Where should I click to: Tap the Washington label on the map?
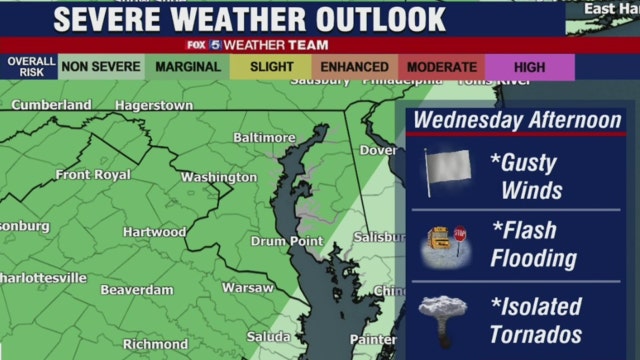click(219, 177)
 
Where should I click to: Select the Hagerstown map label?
click(154, 104)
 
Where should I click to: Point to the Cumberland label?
click(51, 104)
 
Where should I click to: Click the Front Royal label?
click(92, 174)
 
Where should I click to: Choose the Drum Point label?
click(287, 241)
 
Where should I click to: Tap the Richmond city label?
click(155, 343)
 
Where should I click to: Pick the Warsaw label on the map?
click(247, 287)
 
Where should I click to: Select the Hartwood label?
click(154, 231)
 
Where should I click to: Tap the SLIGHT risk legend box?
click(270, 67)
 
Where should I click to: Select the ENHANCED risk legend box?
click(355, 67)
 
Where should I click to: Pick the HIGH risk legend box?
click(530, 67)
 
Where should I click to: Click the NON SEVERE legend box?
click(100, 67)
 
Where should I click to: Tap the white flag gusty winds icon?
click(440, 173)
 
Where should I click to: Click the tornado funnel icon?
click(440, 317)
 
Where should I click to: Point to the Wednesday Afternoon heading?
click(517, 120)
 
